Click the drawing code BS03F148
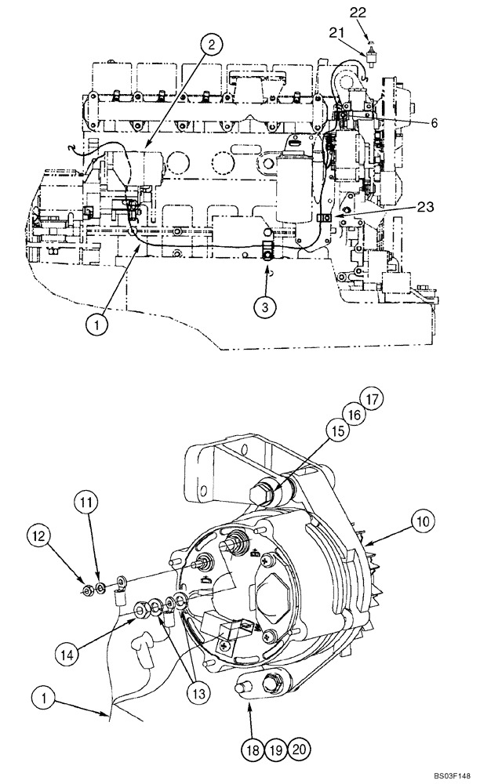(x=448, y=772)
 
